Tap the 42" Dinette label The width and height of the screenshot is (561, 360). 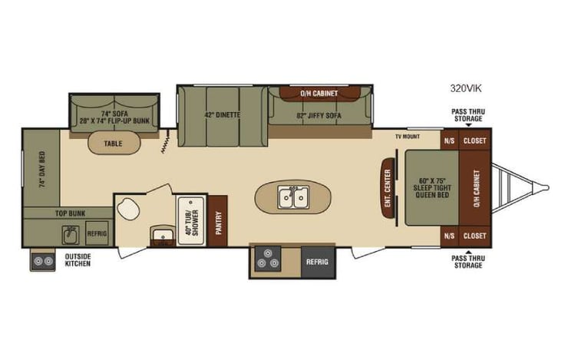coord(223,116)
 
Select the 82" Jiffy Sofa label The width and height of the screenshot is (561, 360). coord(318,117)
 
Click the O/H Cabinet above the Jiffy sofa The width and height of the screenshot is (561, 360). coord(318,94)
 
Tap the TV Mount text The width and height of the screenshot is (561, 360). coord(408,136)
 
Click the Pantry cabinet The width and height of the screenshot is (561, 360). coord(217,221)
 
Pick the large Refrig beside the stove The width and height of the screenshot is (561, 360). coord(317,262)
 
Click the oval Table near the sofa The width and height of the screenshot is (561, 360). coord(114,143)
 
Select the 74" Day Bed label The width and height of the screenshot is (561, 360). coord(41,170)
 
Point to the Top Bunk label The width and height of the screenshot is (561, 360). coord(71,213)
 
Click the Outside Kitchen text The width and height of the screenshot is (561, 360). coord(78,260)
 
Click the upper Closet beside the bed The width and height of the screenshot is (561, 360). coord(475,140)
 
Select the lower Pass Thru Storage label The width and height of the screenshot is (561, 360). coord(467,262)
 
